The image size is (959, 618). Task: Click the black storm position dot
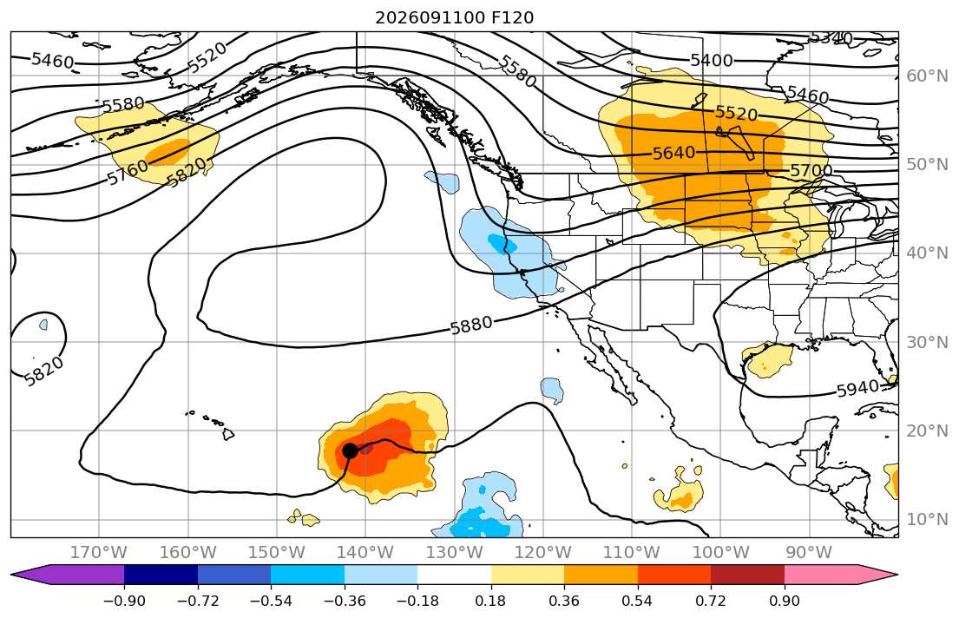350,451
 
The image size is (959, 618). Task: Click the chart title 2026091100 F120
455,17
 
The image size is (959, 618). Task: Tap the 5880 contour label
471,325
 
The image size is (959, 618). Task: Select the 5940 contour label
857,389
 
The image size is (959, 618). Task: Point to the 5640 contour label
674,153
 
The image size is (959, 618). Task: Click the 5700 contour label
811,170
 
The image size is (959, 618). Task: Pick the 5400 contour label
712,61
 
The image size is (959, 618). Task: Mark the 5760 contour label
128,172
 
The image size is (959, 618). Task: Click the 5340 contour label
831,38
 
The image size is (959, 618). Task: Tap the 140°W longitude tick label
365,553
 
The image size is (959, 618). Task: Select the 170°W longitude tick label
99,553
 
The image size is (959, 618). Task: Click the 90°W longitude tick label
809,553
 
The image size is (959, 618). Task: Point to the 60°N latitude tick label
927,76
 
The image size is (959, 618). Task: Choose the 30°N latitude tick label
927,342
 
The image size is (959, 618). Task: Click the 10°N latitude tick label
927,520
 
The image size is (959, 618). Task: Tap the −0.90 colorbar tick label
124,601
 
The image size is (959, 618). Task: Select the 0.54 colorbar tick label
637,601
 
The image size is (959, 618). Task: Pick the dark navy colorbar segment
161,575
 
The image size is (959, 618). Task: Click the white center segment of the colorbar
455,575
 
